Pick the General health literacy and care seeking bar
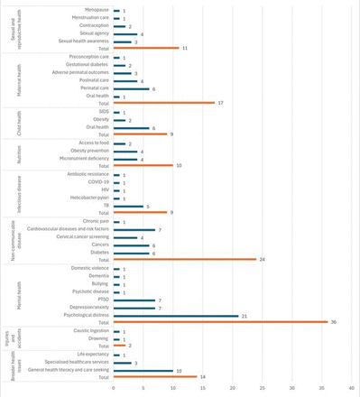pos(143,369)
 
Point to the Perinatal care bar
pos(131,88)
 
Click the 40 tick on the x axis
pos(353,389)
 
